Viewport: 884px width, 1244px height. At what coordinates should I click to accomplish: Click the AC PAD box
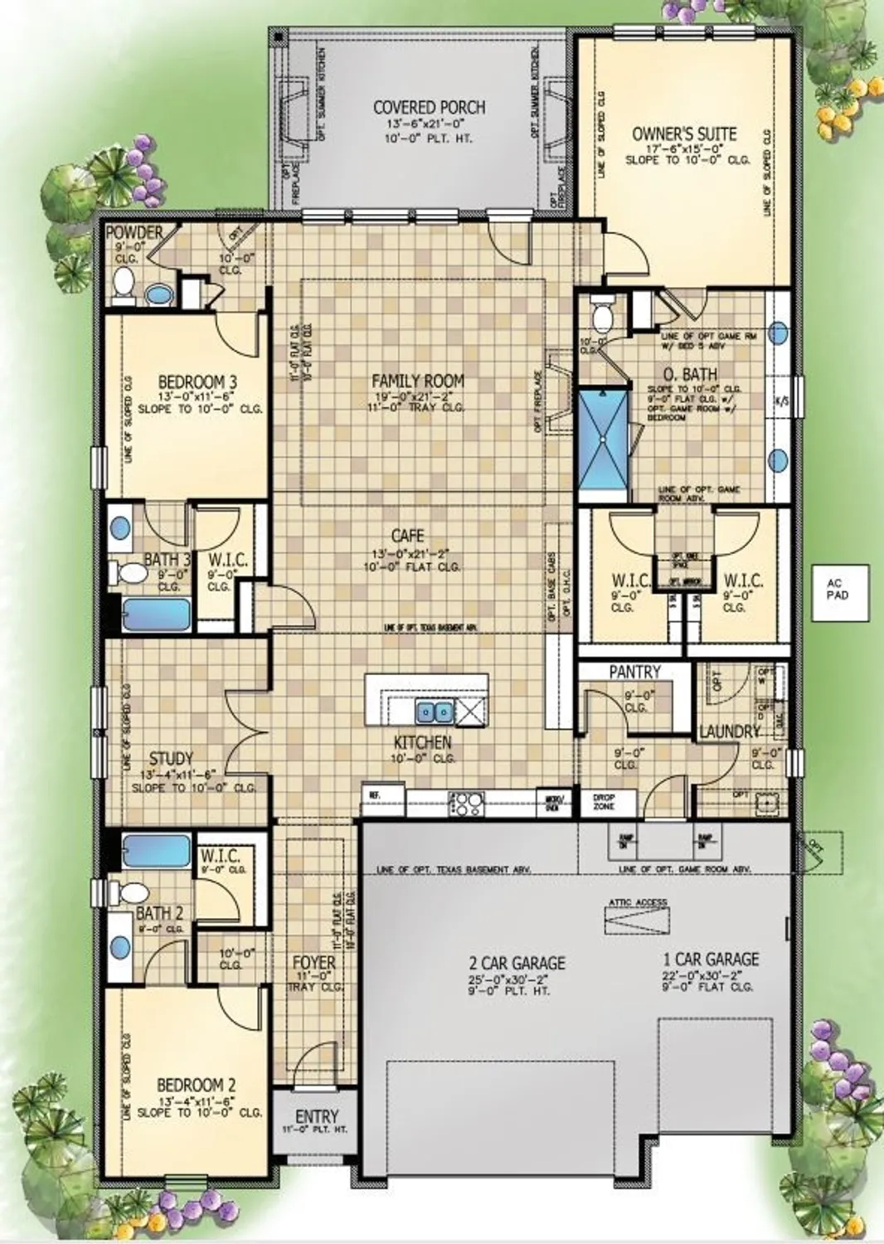click(x=838, y=593)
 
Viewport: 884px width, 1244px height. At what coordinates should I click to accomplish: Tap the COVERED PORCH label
click(x=429, y=107)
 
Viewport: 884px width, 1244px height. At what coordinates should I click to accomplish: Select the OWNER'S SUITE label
click(x=684, y=134)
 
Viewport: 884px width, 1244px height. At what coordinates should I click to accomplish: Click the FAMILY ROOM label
click(x=417, y=381)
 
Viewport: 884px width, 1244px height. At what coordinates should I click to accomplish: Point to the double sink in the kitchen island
click(x=434, y=712)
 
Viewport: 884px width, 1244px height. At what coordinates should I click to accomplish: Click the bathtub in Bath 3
click(x=157, y=615)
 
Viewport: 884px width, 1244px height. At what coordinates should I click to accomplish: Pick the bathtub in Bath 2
click(x=157, y=851)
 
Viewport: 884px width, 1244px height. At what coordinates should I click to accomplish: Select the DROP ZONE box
click(x=604, y=802)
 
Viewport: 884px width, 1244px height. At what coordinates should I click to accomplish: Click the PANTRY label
click(x=634, y=671)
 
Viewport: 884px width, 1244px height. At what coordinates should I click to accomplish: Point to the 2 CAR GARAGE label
click(x=517, y=963)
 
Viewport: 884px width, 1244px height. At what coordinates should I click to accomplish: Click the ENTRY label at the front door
click(x=316, y=1116)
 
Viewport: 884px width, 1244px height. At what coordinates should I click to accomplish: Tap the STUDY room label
click(x=171, y=758)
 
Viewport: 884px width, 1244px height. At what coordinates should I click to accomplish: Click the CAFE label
click(x=407, y=536)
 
